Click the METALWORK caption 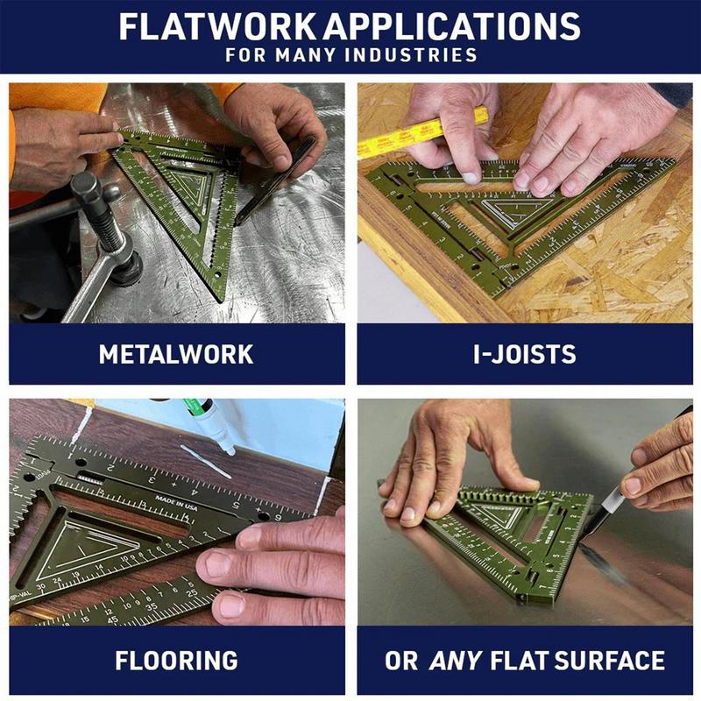point(176,354)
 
